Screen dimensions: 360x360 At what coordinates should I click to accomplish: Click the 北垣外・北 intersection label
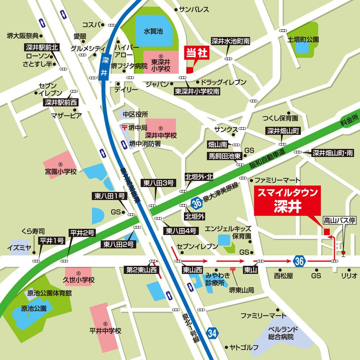199,177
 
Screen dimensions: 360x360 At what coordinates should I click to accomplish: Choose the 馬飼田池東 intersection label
223,156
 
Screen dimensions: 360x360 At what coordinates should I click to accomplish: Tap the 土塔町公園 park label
303,39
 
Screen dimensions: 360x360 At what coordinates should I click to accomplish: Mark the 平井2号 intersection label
82,233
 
